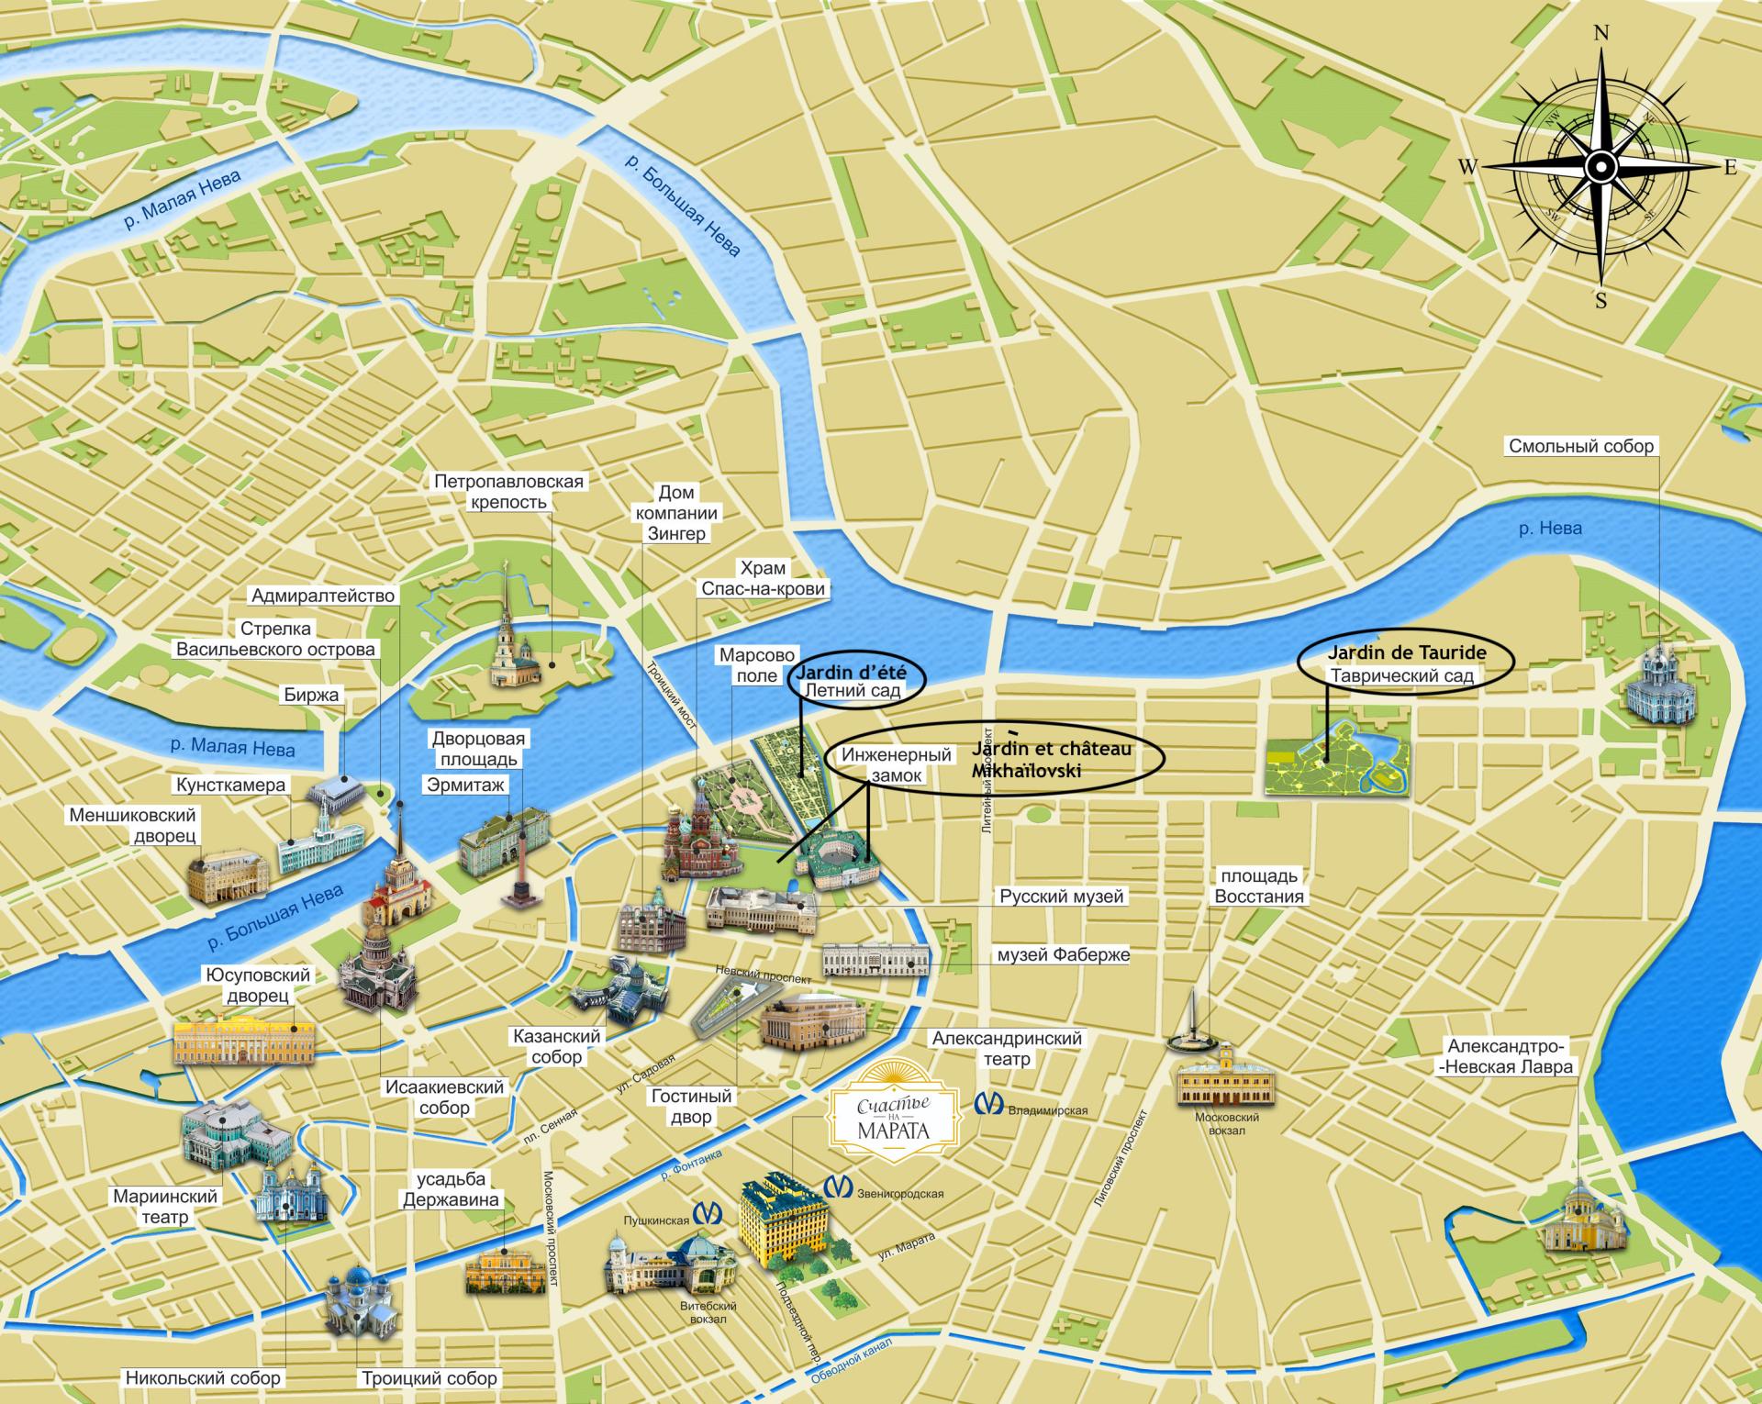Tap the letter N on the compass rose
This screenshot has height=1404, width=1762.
coord(1602,60)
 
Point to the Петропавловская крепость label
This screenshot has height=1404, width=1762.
coord(508,491)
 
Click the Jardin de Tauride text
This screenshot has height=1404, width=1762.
coord(1406,653)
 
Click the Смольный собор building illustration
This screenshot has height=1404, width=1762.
coord(1658,683)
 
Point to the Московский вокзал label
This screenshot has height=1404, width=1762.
coord(1226,1123)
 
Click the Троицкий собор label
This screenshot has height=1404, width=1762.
coord(429,1377)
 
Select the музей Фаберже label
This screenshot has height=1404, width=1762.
coord(1063,954)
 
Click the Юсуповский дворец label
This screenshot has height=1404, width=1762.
coord(258,985)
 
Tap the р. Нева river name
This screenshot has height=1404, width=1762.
coord(1549,529)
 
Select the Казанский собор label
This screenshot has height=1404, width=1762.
coord(556,1046)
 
